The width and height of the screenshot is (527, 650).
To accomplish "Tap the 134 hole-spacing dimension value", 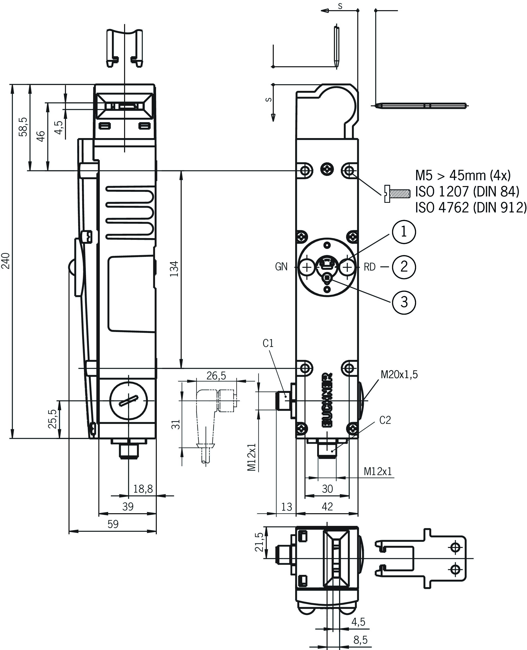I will [x=174, y=269].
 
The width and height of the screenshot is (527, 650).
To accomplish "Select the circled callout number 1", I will [x=404, y=232].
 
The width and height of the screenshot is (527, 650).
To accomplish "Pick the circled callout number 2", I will [x=404, y=267].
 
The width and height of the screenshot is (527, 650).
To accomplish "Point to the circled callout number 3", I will [x=404, y=302].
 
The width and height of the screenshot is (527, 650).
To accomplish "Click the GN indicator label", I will [x=281, y=267].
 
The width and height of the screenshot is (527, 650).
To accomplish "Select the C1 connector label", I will [x=268, y=343].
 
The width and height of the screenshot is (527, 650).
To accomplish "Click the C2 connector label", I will [x=385, y=420].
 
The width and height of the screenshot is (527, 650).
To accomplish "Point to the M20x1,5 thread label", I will [x=399, y=375].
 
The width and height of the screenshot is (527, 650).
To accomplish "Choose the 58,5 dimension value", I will [x=23, y=127].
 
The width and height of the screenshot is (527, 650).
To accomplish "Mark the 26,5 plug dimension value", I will [x=216, y=376].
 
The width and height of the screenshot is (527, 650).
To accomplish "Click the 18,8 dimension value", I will [x=143, y=489].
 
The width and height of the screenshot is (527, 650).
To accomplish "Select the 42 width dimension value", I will [x=327, y=506].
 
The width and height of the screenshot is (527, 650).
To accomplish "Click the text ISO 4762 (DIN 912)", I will [x=470, y=208].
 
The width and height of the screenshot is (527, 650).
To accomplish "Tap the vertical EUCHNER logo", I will [x=327, y=400].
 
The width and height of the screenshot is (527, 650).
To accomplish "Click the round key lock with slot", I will [x=128, y=401].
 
